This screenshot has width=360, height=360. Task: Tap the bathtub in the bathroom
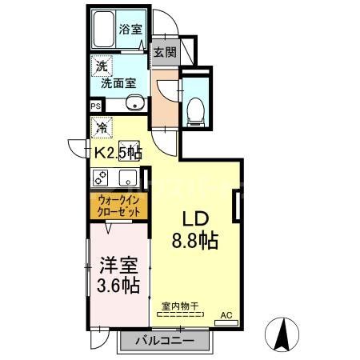(102, 31)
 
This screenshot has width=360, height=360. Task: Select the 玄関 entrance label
(165, 54)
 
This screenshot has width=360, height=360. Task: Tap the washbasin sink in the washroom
(134, 102)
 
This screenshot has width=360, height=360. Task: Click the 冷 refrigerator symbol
(102, 126)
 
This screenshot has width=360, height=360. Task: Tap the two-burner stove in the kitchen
(102, 178)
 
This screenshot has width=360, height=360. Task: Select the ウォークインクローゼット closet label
(118, 206)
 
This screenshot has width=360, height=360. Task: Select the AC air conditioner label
(225, 314)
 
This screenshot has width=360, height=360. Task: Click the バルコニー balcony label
(163, 341)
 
